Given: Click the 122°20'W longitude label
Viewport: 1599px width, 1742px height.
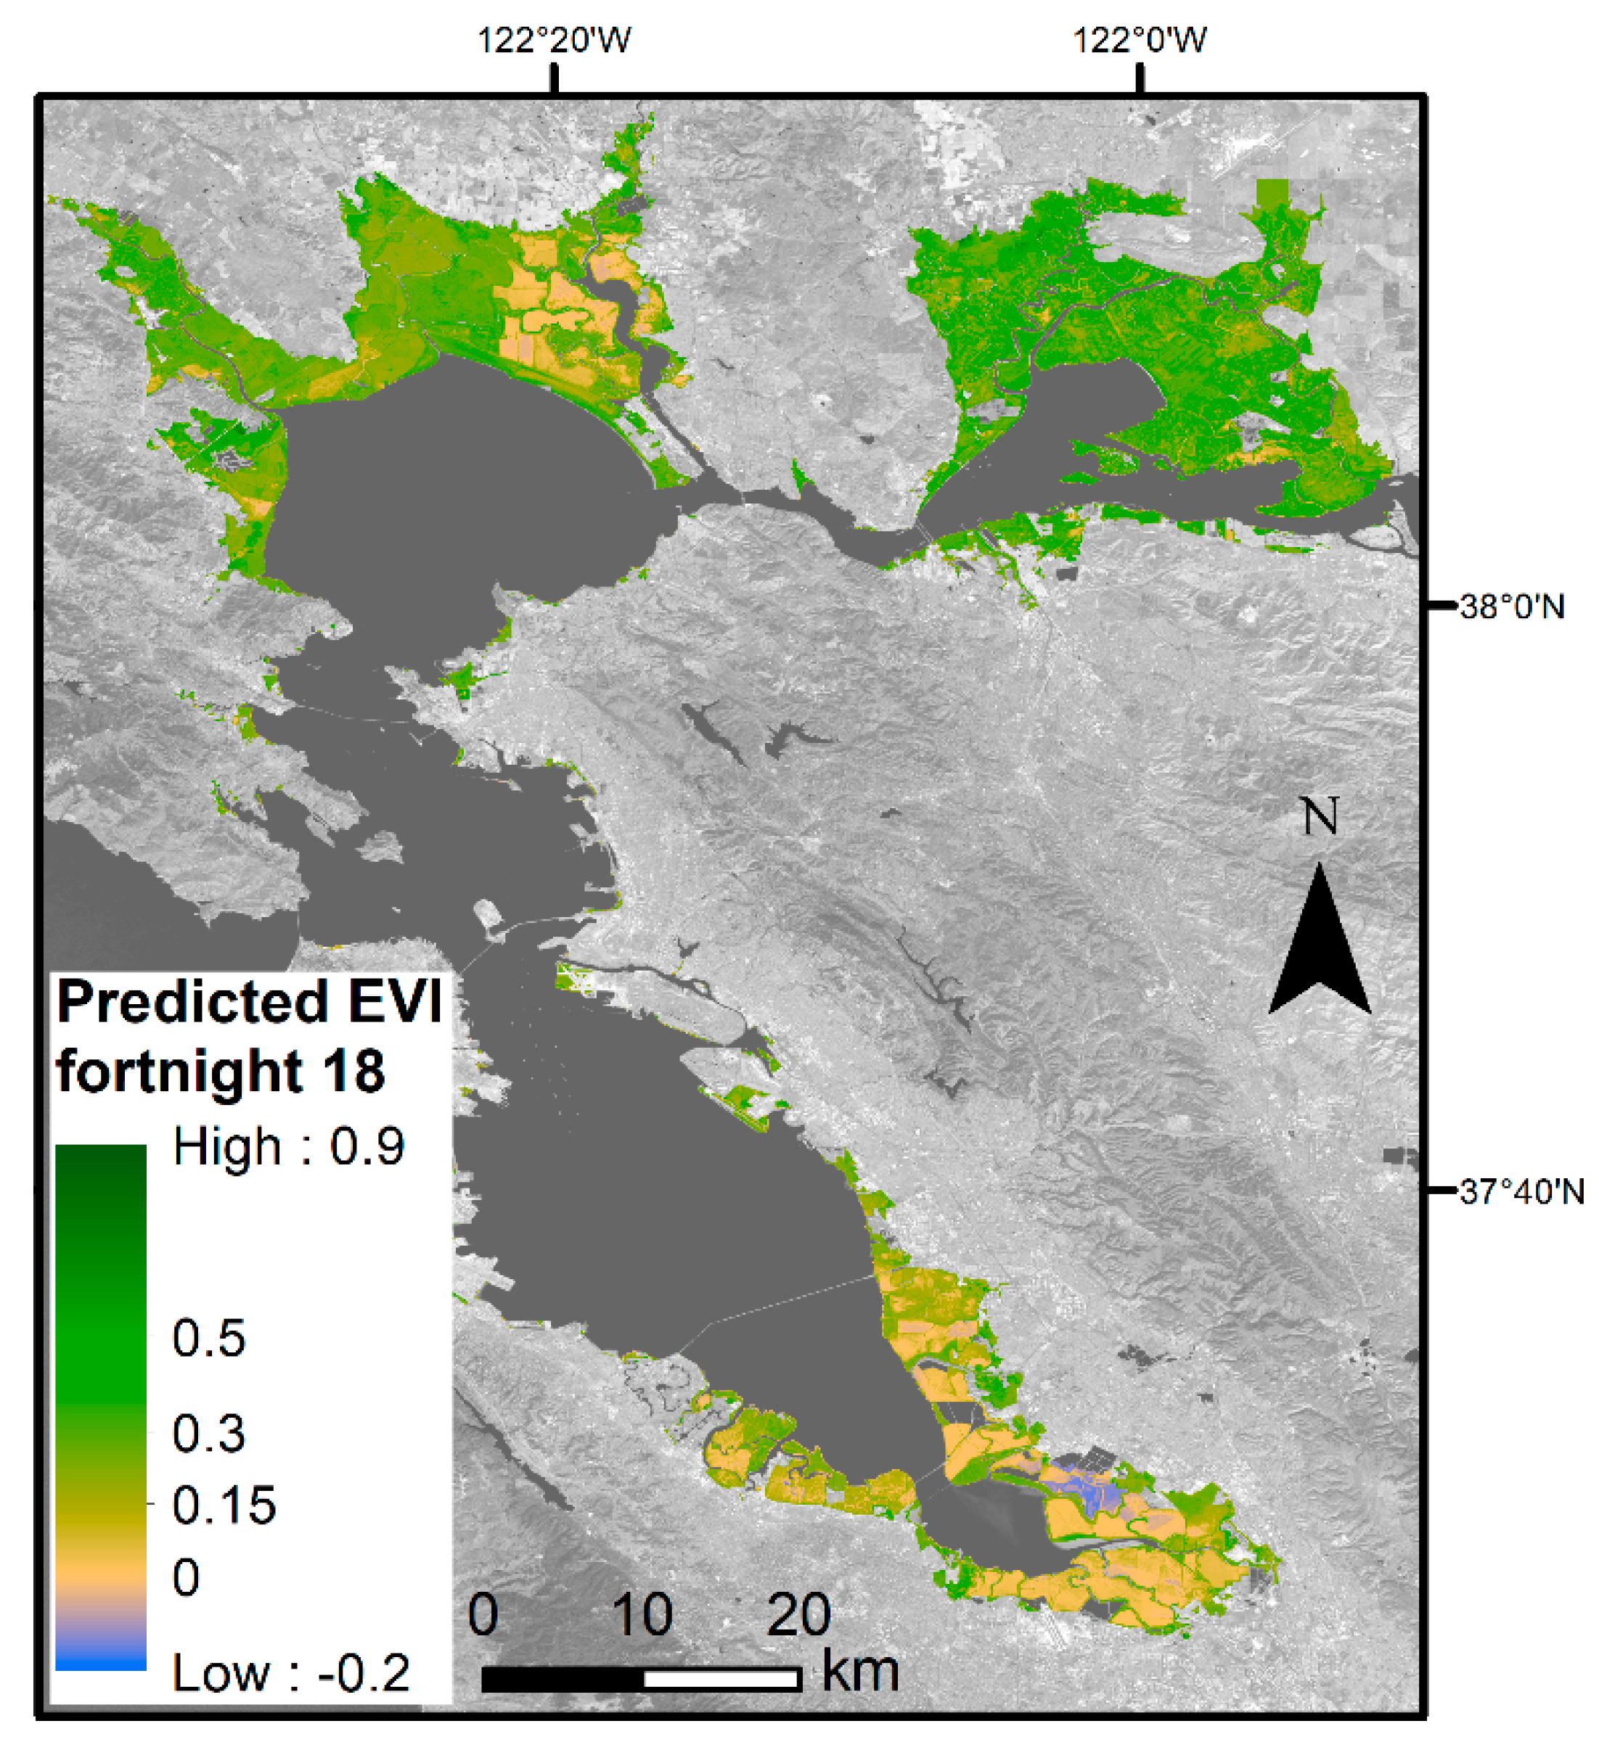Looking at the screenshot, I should point(555,40).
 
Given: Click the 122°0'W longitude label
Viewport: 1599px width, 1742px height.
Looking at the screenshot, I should point(1140,40).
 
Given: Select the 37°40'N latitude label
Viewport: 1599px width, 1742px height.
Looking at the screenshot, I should point(1521,1193).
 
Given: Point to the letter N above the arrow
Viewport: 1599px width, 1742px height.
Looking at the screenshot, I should point(1320,816).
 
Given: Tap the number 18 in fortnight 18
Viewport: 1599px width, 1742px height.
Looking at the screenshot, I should point(354,1072).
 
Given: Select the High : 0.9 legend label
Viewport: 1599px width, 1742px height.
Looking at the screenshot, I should point(289,1148).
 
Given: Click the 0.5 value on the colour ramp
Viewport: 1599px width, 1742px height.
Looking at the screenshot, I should point(208,1339).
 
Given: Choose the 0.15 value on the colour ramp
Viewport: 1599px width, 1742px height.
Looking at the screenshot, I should point(224,1506).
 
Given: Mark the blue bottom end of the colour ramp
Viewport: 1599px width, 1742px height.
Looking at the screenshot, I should point(100,1661).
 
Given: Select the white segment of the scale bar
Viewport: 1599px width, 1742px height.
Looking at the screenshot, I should point(721,1680).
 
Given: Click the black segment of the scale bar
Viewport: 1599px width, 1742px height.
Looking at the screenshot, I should point(563,1680).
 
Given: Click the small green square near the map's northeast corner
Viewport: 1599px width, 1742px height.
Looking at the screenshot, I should point(1271,192).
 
